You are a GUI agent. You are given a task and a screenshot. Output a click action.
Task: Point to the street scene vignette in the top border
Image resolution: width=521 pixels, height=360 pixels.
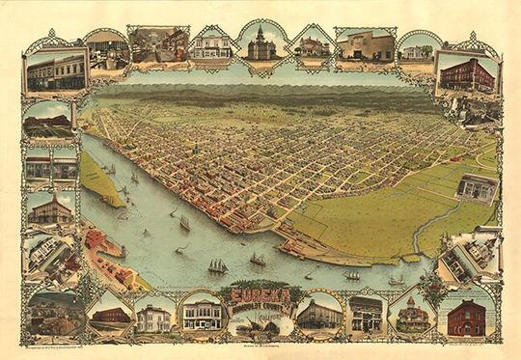(159, 44)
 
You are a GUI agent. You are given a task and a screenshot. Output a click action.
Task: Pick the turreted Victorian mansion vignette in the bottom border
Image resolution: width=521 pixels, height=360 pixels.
(413, 315)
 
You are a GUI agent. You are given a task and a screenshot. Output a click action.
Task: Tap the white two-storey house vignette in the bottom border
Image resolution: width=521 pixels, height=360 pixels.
(153, 318)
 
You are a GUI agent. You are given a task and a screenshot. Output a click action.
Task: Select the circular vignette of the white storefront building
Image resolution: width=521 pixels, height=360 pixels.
(202, 314)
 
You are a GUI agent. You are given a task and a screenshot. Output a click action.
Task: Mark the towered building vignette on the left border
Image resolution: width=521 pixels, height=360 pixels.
(51, 208)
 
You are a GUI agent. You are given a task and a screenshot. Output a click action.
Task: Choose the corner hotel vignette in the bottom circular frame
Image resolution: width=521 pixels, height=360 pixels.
(318, 314)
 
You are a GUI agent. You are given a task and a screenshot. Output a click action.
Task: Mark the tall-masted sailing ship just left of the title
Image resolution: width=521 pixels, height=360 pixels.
(218, 263)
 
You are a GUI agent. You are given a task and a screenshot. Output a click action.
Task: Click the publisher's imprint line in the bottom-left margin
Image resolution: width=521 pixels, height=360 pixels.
(68, 345)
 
